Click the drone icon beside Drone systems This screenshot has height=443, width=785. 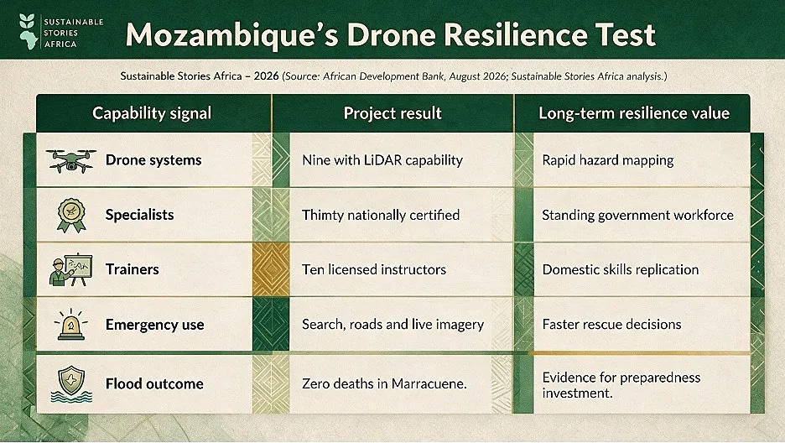point(71,161)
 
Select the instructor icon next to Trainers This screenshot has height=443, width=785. point(71,270)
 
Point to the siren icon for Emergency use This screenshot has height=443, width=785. point(71,325)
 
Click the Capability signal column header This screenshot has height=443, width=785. point(152,113)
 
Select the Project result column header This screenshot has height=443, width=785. point(392,113)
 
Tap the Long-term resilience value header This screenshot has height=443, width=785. point(634,113)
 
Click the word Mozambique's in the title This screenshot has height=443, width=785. point(231,34)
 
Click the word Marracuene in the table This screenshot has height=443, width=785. point(429,383)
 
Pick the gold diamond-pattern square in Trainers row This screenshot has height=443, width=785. point(271,270)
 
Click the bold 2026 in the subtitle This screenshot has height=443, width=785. point(266,76)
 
